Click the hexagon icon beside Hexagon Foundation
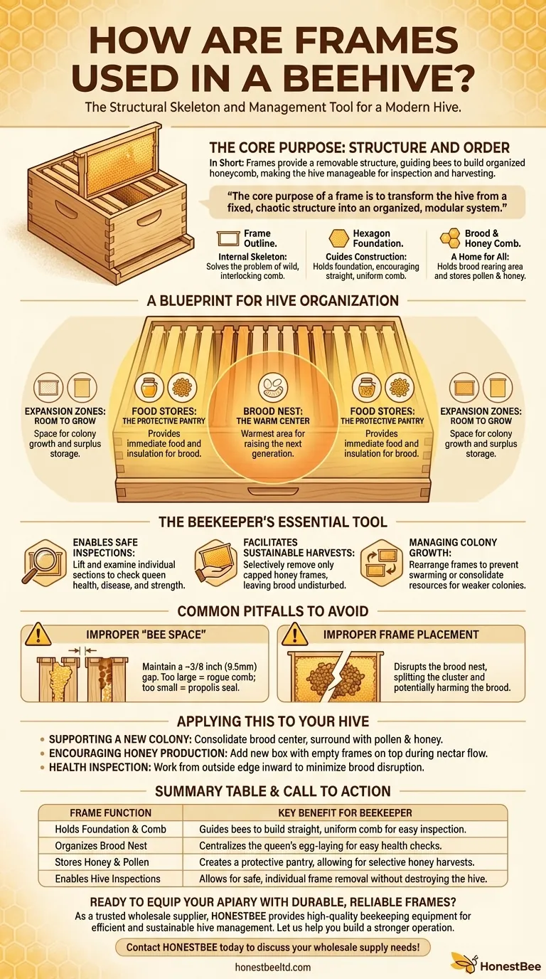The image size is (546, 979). click(x=338, y=238)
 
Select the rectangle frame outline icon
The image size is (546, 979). click(x=228, y=238)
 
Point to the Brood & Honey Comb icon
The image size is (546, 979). click(x=450, y=238)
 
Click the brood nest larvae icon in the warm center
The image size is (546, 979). click(x=273, y=388)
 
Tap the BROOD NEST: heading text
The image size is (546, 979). click(x=273, y=411)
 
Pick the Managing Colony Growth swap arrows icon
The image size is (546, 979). click(x=381, y=563)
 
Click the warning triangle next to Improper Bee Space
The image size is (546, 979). click(x=38, y=634)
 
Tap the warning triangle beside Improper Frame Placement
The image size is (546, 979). click(x=295, y=634)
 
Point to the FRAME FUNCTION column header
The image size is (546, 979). click(x=110, y=813)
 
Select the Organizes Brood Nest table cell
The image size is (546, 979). click(x=101, y=846)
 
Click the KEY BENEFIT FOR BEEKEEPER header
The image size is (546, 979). click(x=345, y=813)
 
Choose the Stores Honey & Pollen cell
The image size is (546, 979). click(x=102, y=862)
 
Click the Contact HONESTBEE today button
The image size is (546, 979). click(x=273, y=947)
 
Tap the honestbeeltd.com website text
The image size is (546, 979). click(x=272, y=967)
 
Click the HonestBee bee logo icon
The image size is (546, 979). click(x=464, y=963)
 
